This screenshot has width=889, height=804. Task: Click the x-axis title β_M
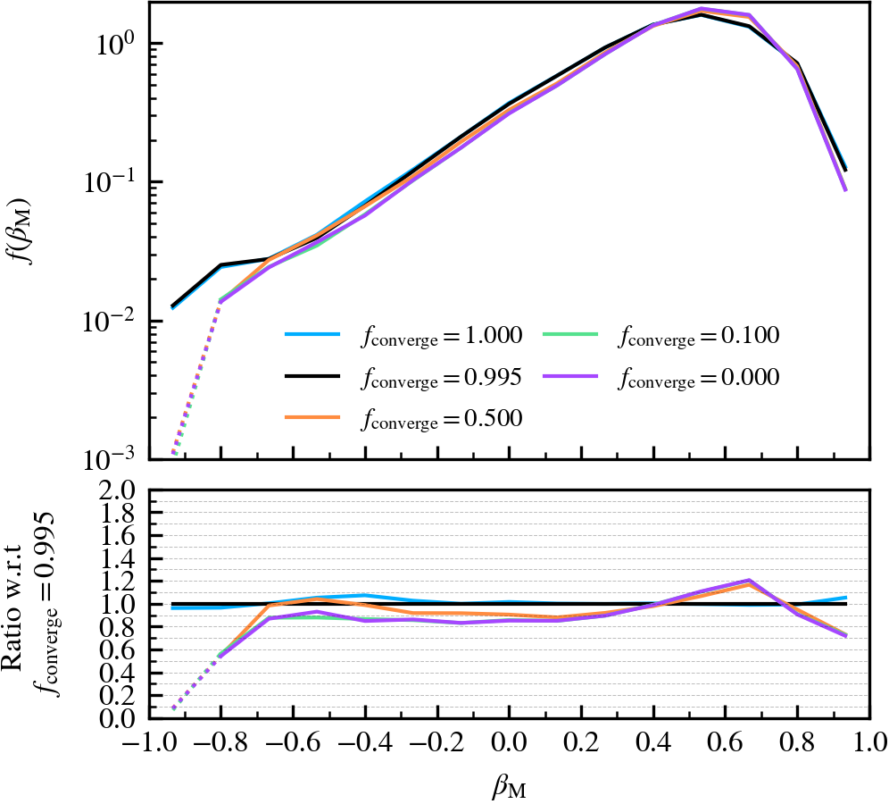[510, 785]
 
